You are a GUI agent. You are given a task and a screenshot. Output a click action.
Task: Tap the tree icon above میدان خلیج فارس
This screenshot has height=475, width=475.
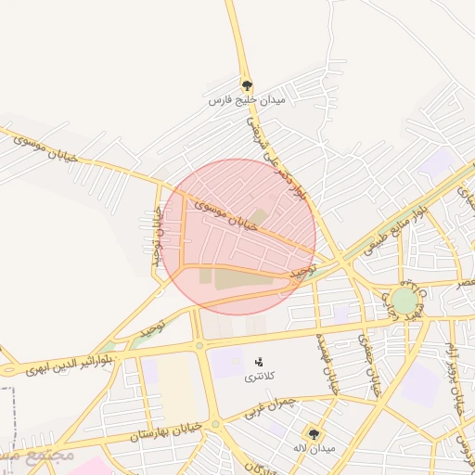246,83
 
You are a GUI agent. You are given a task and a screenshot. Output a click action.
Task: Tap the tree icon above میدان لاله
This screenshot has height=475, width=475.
315,433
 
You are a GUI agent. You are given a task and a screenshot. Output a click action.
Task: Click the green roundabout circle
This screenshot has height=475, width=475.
404,300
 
